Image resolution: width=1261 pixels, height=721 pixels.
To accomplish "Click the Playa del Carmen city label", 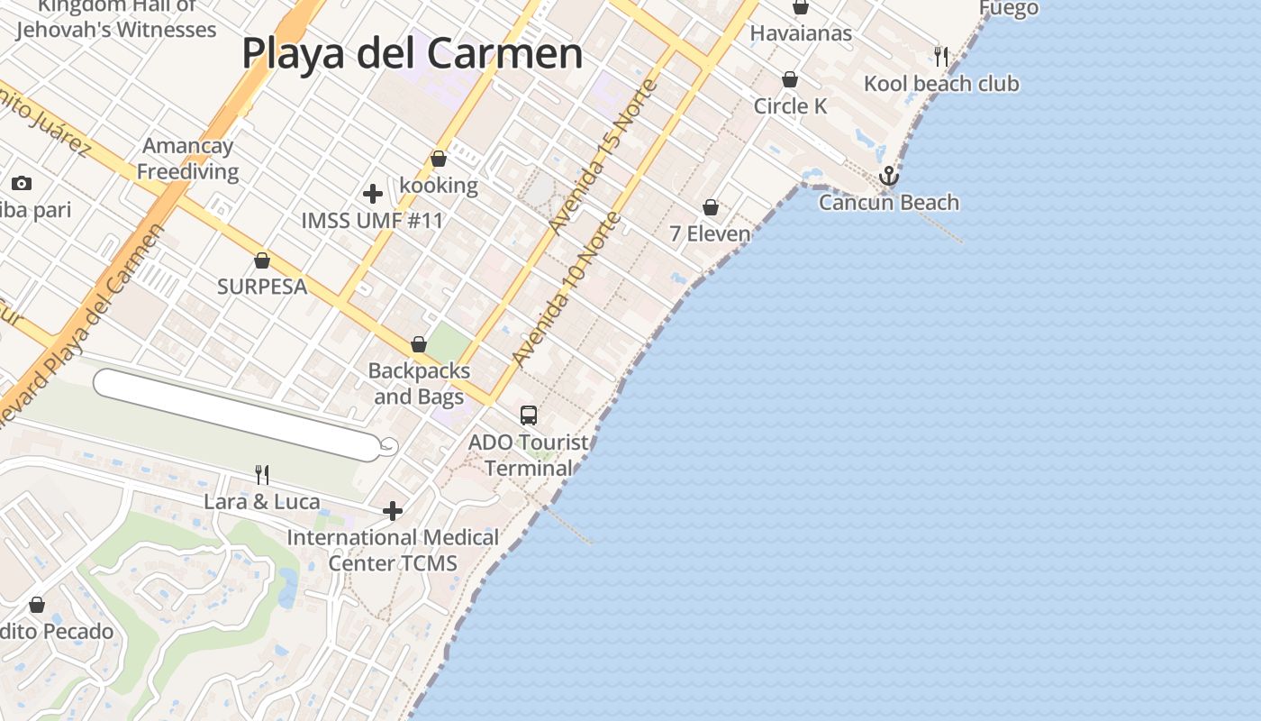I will (x=413, y=54).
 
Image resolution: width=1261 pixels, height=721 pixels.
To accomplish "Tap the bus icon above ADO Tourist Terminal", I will (x=529, y=415).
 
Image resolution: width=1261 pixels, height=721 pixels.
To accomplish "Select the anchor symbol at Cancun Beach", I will (x=889, y=176).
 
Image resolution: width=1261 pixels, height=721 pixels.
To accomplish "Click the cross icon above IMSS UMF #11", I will (x=372, y=194).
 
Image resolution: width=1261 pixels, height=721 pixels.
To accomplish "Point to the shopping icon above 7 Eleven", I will (x=711, y=208).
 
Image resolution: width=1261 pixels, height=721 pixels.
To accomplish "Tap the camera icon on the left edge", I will (x=22, y=184).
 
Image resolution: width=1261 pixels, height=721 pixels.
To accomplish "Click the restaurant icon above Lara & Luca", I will (x=262, y=475).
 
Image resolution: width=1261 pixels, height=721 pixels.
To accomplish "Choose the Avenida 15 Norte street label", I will (x=604, y=158).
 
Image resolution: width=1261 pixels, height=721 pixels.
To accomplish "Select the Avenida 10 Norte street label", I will (x=567, y=288).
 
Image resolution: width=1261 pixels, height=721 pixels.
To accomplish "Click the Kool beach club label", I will (x=941, y=84).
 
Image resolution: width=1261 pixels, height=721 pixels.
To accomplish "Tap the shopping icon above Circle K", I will (x=790, y=80).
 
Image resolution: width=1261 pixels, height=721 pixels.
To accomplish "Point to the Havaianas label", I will (x=801, y=33).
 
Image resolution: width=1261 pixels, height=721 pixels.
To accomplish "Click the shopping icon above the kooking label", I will (x=439, y=160).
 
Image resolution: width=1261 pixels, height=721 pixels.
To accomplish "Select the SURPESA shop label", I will (x=262, y=287).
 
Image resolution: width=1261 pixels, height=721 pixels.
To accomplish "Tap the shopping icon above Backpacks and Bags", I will (x=419, y=345).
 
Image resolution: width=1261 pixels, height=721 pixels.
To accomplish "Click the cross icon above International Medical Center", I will (x=392, y=511).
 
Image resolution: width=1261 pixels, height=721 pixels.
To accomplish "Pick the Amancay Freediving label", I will (x=187, y=159).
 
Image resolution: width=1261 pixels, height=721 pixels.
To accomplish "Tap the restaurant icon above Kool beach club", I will (x=941, y=57).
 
